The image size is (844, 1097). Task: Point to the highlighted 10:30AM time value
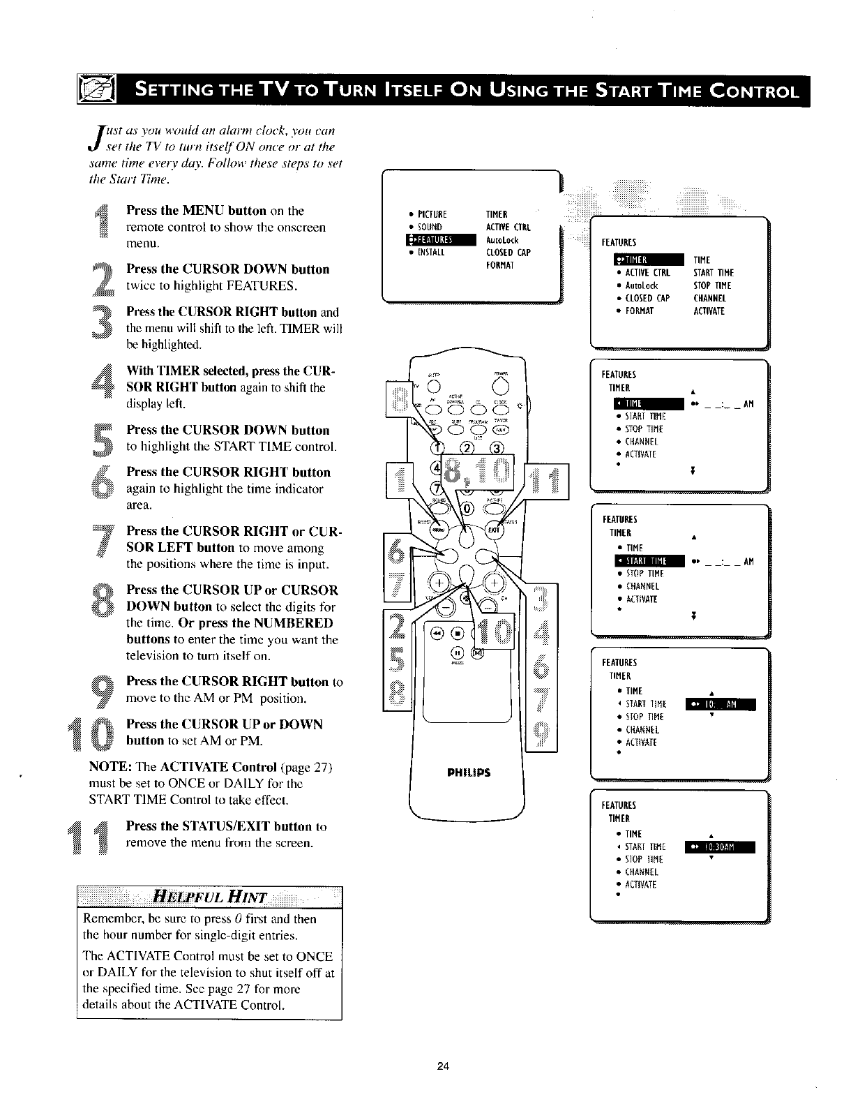click(720, 847)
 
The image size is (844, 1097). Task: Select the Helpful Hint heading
click(209, 896)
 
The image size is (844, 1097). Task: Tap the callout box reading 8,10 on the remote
click(478, 478)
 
